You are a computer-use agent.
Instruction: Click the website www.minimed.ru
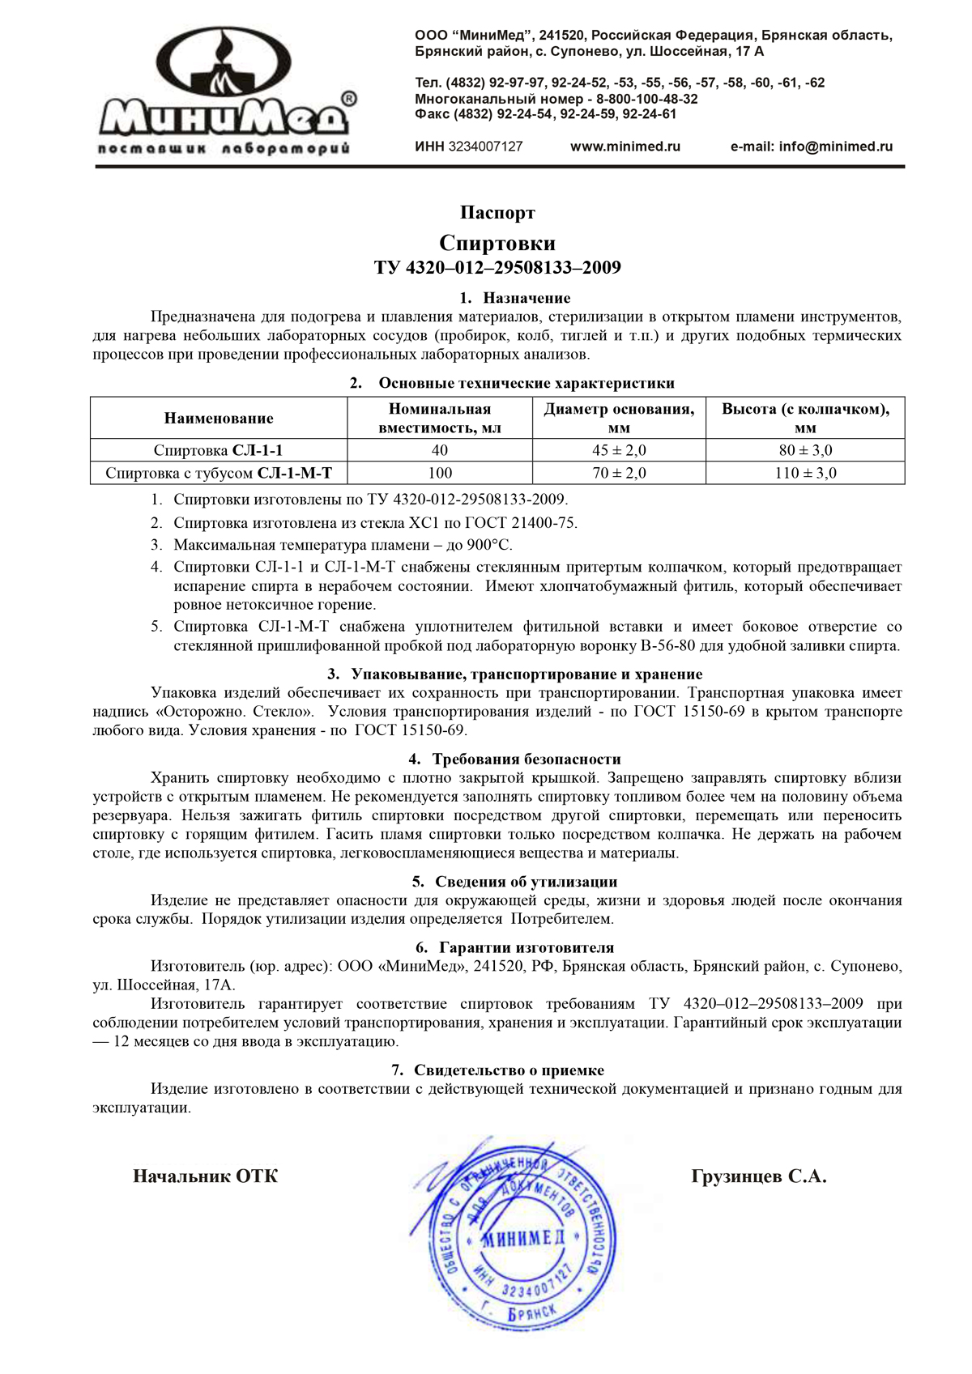coord(625,147)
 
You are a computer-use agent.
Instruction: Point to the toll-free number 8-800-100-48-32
coord(647,99)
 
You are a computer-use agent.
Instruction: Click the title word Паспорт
coord(497,213)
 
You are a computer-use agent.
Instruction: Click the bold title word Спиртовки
coord(497,243)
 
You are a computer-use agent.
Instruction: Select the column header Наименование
coord(219,419)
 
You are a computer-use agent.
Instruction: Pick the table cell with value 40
coord(440,450)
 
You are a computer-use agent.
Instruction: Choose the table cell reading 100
coord(440,473)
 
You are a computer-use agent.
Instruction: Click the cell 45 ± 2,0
coord(619,450)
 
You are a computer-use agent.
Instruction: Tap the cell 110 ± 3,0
coord(805,473)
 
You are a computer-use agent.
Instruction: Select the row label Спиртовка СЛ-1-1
coord(219,450)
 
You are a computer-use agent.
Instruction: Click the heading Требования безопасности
coord(526,759)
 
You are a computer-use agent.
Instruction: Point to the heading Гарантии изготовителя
coord(526,947)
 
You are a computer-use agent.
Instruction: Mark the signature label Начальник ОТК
coord(205,1176)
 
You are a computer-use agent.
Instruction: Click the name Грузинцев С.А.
coord(759,1176)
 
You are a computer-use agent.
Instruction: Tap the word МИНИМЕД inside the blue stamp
coord(522,1238)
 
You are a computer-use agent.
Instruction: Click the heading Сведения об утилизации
coord(526,882)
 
